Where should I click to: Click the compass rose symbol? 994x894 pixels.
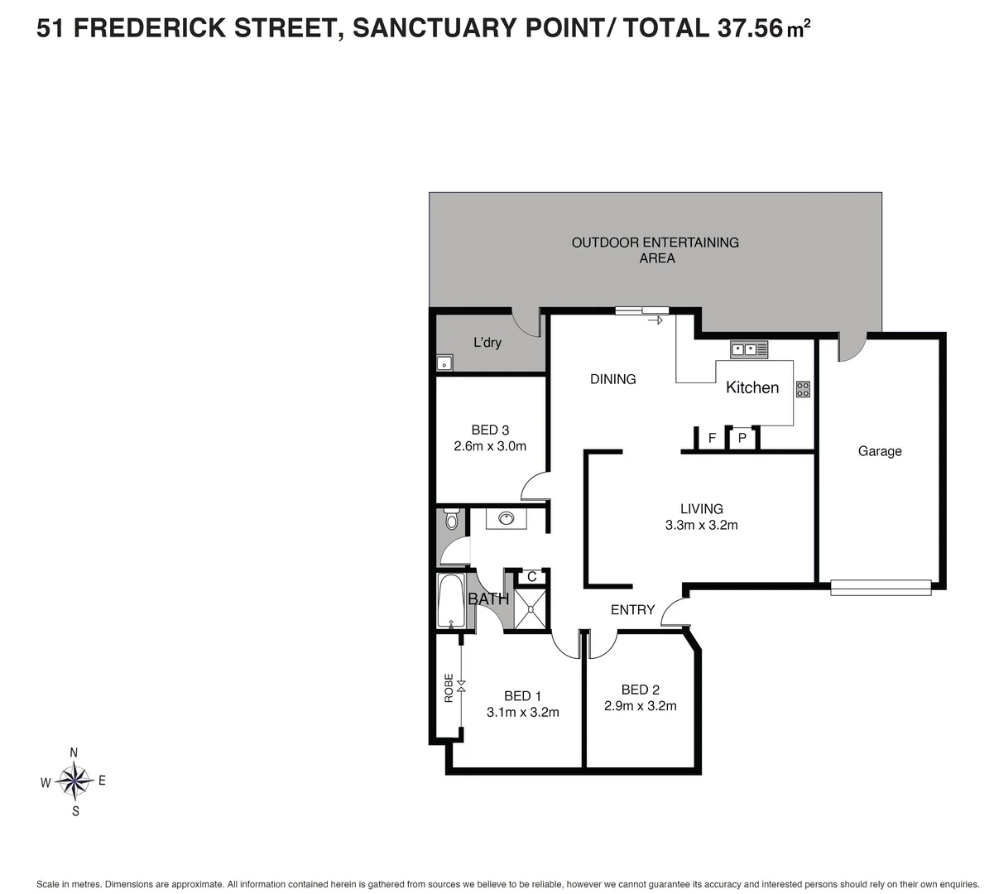[x=74, y=781]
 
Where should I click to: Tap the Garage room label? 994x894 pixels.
[x=879, y=451]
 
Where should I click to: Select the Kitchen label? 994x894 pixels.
[x=752, y=387]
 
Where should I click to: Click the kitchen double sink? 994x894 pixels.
[x=749, y=349]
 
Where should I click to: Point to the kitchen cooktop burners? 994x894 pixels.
[x=803, y=388]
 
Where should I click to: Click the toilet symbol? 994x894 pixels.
[x=451, y=519]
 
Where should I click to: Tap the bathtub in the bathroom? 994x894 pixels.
[x=450, y=602]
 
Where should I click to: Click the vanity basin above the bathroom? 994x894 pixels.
[x=505, y=520]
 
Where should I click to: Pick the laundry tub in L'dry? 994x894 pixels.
[x=444, y=363]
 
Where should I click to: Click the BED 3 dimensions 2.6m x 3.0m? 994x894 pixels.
[x=490, y=446]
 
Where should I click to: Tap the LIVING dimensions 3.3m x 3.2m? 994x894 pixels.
[x=701, y=525]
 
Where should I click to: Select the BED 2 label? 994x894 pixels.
[x=640, y=690]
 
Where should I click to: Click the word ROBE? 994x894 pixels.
[x=449, y=688]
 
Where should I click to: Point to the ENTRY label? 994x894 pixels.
[x=632, y=610]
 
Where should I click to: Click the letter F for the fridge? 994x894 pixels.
[x=712, y=439]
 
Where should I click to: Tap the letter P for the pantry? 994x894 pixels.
[x=742, y=439]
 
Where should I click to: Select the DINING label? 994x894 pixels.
[x=612, y=379]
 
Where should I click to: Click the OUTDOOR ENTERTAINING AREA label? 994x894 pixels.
[x=655, y=250]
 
